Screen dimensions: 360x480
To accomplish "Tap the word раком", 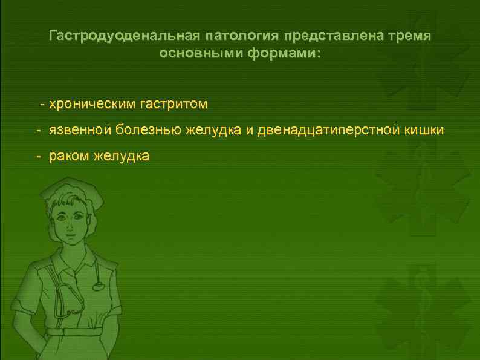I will (69, 156).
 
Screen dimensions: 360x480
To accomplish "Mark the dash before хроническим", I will (42, 105).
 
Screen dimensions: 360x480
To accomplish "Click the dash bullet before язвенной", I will (37, 131).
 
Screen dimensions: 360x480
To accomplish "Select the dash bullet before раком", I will (37, 157).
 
